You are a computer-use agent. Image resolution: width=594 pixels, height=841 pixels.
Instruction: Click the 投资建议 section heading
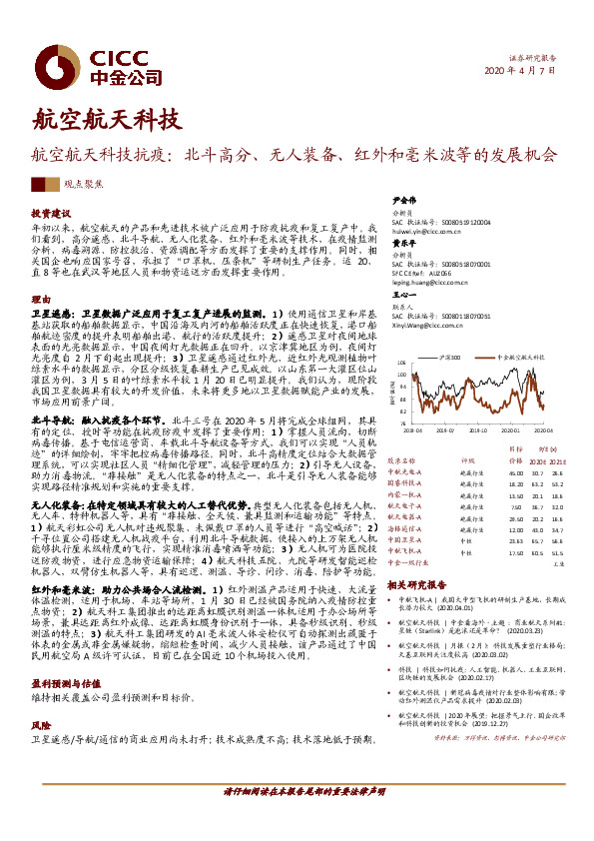click(x=50, y=214)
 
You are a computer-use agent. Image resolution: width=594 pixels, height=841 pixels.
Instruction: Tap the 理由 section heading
click(x=39, y=300)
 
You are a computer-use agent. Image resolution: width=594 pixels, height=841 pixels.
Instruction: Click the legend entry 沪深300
click(x=449, y=356)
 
